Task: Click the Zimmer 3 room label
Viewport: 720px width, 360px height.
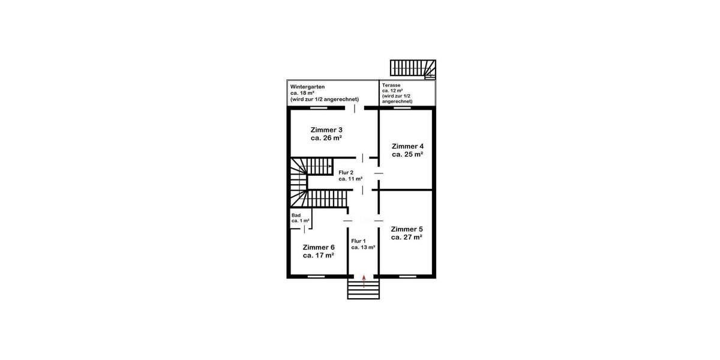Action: coord(326,130)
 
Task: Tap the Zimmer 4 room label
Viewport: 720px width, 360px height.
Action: coord(407,146)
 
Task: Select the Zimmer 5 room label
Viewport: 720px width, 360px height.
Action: coord(407,229)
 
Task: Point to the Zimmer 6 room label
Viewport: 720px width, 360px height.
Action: coord(319,247)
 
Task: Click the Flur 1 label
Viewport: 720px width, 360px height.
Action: coord(359,241)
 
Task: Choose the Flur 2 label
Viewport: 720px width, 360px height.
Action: coord(346,172)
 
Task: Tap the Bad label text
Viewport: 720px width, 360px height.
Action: coord(296,215)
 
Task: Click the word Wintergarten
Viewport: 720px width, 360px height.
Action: coord(308,86)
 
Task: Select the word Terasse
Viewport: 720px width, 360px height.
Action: coord(391,86)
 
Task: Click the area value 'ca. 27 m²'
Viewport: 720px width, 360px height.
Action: coord(407,237)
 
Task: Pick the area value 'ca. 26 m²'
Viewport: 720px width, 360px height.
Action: coord(326,137)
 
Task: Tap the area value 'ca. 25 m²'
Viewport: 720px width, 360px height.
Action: coord(407,154)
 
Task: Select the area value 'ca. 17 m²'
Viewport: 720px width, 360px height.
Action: coord(319,255)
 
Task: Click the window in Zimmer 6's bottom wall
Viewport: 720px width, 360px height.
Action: coord(316,277)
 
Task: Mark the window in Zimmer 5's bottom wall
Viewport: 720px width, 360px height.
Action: coord(407,277)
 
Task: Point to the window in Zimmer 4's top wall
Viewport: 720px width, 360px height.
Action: coord(403,108)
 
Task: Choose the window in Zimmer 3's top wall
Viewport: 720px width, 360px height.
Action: coord(319,108)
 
